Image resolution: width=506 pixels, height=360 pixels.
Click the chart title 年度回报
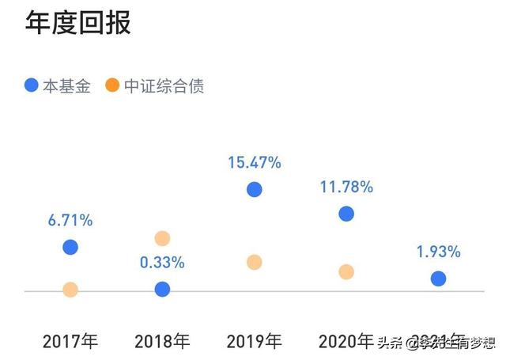pos(77,22)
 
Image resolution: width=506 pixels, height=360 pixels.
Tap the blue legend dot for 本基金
pos(31,85)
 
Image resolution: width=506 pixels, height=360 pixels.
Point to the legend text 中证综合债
pos(162,85)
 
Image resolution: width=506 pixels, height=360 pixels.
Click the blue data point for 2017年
pos(70,247)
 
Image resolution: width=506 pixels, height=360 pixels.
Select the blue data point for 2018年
pos(162,290)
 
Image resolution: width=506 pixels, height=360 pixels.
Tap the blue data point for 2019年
pos(254,189)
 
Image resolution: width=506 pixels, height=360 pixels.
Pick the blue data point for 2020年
pos(346,214)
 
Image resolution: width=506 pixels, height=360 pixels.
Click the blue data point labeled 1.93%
pos(438,279)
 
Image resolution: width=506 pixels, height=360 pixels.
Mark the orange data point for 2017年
pos(70,290)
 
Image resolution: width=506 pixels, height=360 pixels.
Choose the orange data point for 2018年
pos(162,238)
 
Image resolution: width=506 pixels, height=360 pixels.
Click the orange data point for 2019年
pos(254,262)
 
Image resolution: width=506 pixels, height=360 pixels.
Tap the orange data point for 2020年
pos(346,271)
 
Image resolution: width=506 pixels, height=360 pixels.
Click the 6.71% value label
pos(70,221)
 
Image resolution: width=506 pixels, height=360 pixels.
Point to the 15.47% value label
pos(254,163)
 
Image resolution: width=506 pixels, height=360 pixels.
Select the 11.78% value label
pos(346,188)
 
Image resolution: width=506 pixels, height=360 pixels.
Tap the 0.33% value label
pos(162,262)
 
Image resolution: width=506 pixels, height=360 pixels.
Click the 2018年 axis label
pos(162,342)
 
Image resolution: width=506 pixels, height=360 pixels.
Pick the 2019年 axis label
pos(254,342)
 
